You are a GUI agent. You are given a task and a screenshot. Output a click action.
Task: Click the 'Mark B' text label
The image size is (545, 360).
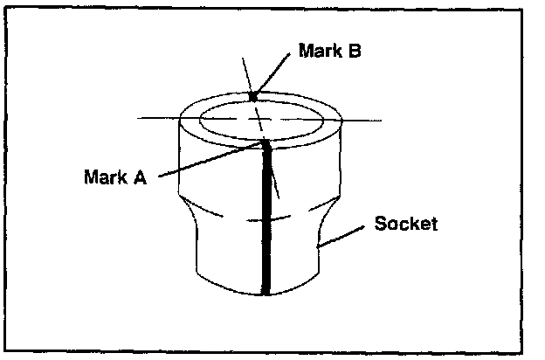tap(329, 50)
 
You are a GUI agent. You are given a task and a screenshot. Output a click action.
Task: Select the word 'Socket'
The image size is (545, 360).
tap(405, 223)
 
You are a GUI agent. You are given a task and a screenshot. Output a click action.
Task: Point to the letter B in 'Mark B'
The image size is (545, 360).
tap(355, 50)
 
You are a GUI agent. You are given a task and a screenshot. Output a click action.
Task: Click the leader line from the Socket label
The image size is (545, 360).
tap(344, 239)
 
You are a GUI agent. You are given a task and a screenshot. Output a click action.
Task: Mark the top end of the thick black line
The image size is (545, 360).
tap(265, 142)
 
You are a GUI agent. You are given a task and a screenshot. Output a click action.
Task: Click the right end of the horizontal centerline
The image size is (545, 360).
tap(382, 119)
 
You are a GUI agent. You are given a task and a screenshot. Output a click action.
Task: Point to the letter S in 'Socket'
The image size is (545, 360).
tap(380, 223)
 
